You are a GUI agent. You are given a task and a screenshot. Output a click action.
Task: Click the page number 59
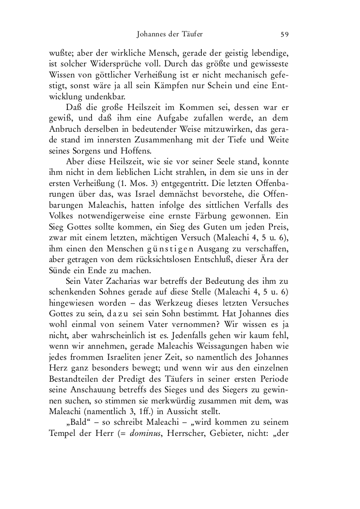point(285,34)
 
